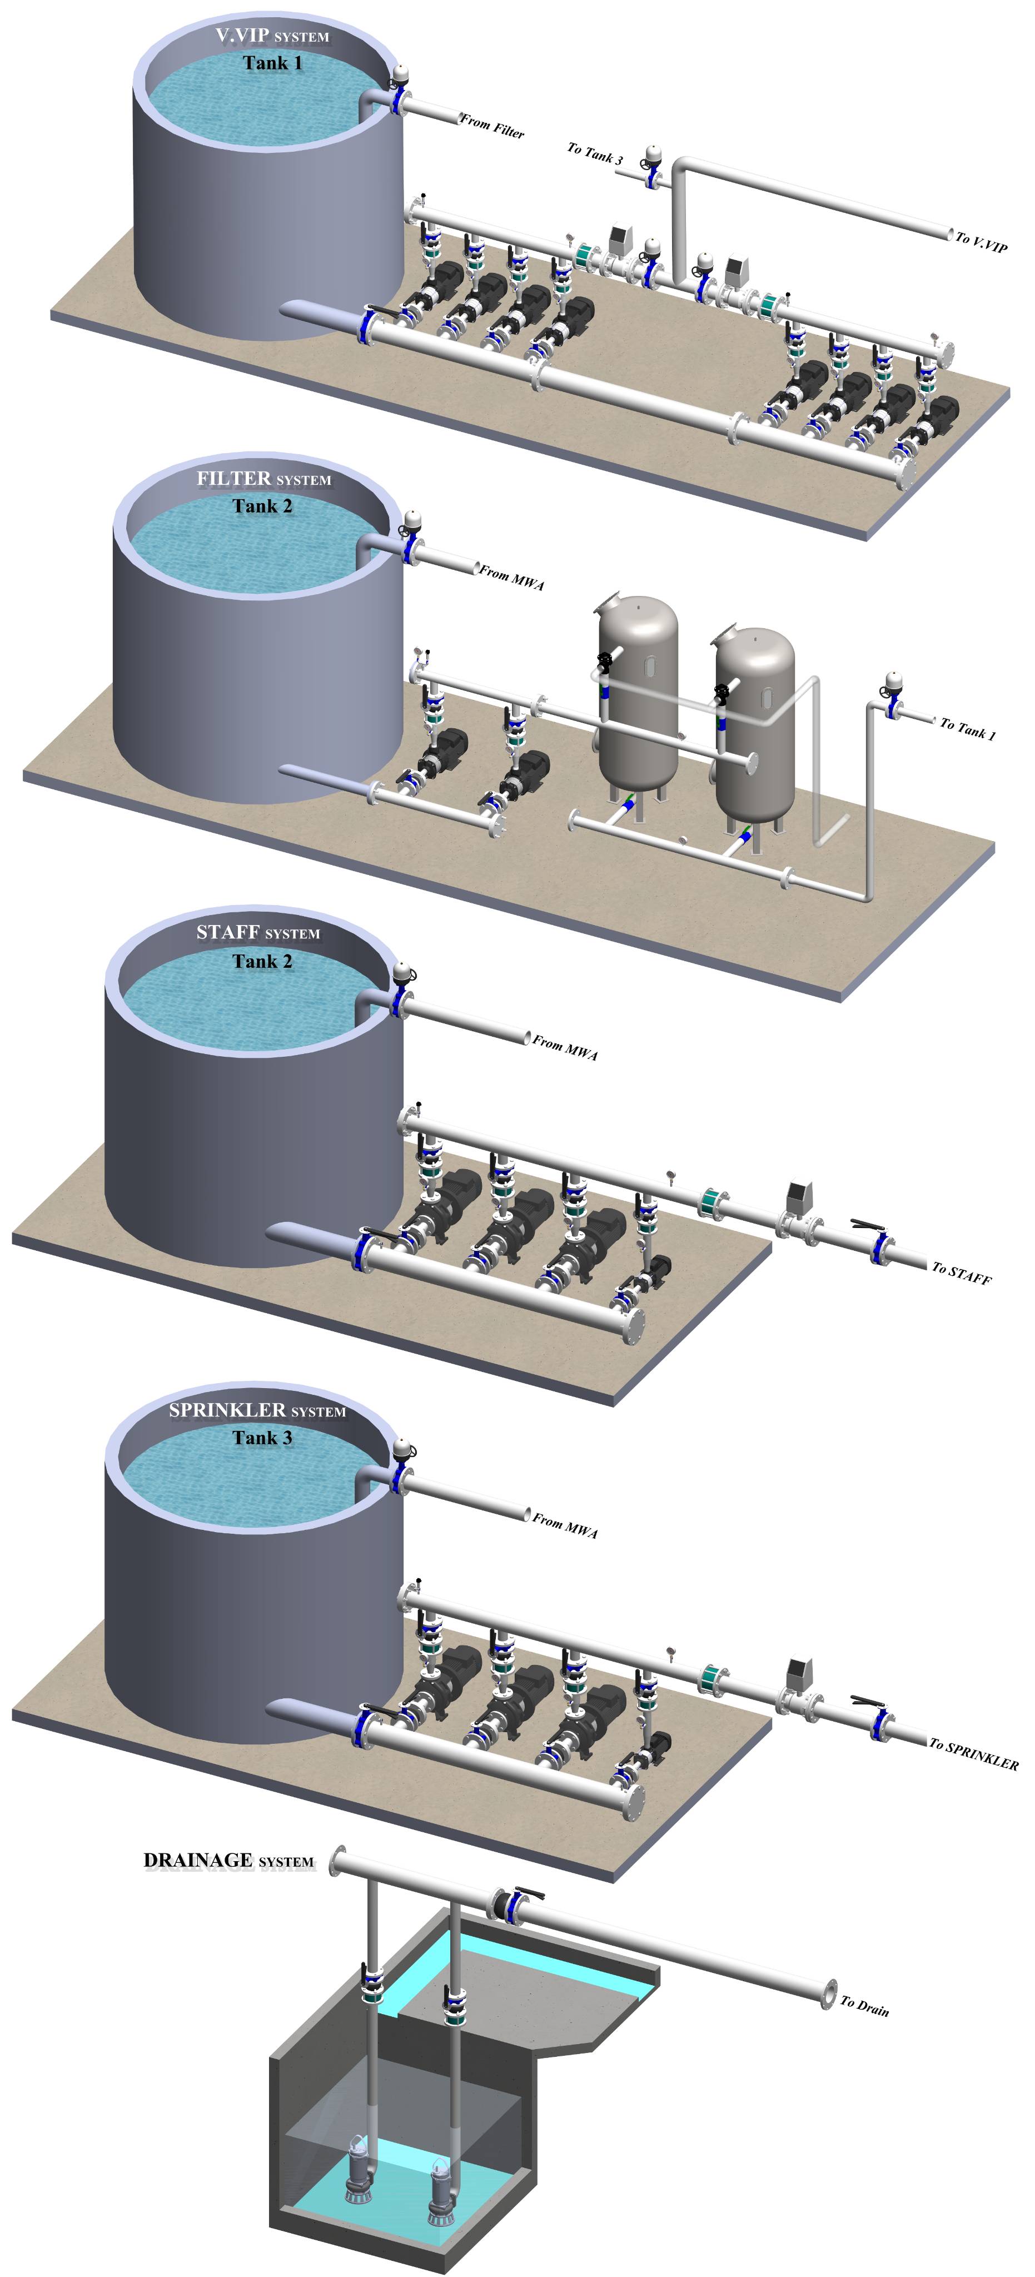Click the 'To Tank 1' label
coord(967,728)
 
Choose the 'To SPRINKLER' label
coord(973,1754)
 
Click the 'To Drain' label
coord(864,2006)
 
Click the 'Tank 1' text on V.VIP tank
coord(273,63)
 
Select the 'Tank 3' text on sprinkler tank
coord(262,1438)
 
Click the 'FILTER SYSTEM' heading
coord(263,478)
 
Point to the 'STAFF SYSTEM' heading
coord(258,933)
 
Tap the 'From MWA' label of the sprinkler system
coord(565,1525)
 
